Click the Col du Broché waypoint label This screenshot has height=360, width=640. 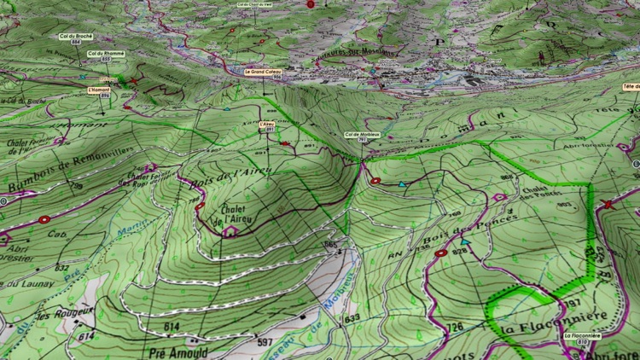pyautogui.click(x=75, y=37)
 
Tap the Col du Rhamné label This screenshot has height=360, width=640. pyautogui.click(x=107, y=54)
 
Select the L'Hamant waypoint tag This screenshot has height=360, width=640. pyautogui.click(x=100, y=89)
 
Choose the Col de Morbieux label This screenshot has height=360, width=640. pyautogui.click(x=361, y=136)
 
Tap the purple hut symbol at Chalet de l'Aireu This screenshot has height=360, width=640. pyautogui.click(x=229, y=231)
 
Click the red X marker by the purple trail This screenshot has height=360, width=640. pyautogui.click(x=608, y=204)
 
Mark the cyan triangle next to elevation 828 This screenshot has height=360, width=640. pyautogui.click(x=464, y=242)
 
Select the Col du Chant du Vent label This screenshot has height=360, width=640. pyautogui.click(x=256, y=4)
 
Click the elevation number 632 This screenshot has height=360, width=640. pyautogui.click(x=61, y=268)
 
